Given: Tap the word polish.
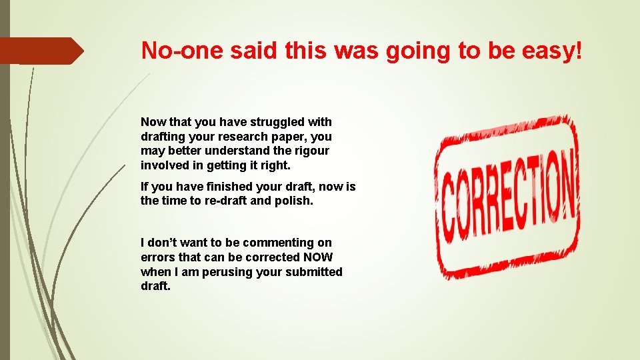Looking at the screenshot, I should (293, 201).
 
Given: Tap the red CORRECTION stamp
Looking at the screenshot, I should (507, 197).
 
